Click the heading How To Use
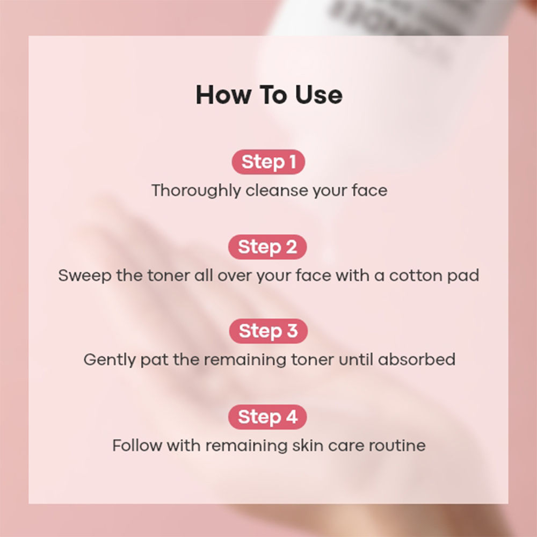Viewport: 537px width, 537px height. point(268,95)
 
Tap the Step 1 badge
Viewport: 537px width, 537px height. point(268,162)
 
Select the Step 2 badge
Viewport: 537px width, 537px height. point(267,247)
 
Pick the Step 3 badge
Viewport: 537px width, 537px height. point(268,331)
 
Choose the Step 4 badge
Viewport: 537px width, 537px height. point(267,417)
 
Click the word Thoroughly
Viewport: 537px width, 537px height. point(195,191)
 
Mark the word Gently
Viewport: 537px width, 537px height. point(109,360)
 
